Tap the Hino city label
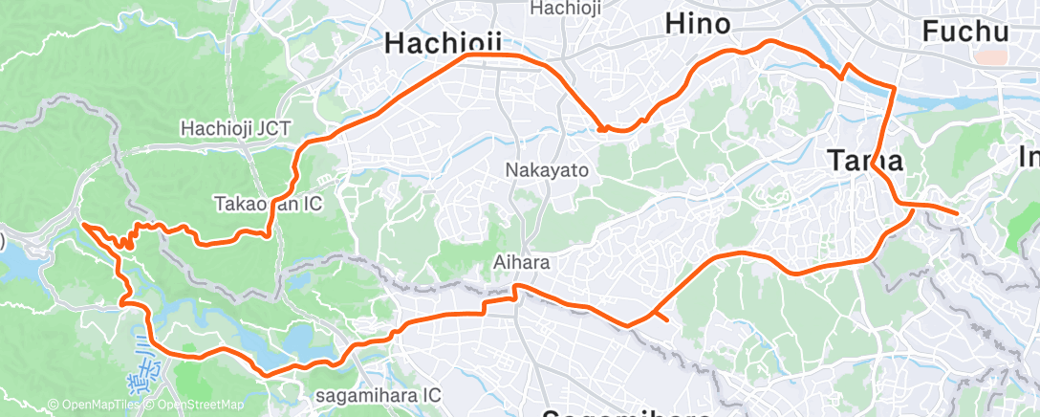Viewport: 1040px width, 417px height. point(697,23)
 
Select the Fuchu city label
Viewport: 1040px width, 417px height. point(965,32)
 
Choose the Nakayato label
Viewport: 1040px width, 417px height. point(547,169)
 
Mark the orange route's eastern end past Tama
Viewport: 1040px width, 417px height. point(956,213)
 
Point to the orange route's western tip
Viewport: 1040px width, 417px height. point(83,224)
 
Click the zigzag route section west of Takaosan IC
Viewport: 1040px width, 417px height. point(143,230)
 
